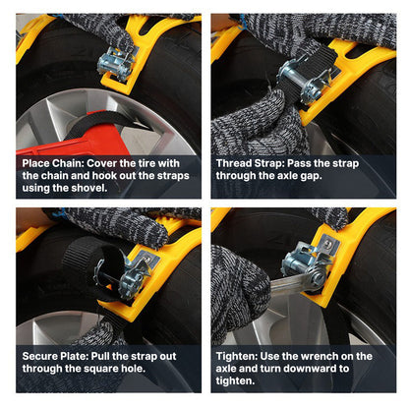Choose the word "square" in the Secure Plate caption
93,369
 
